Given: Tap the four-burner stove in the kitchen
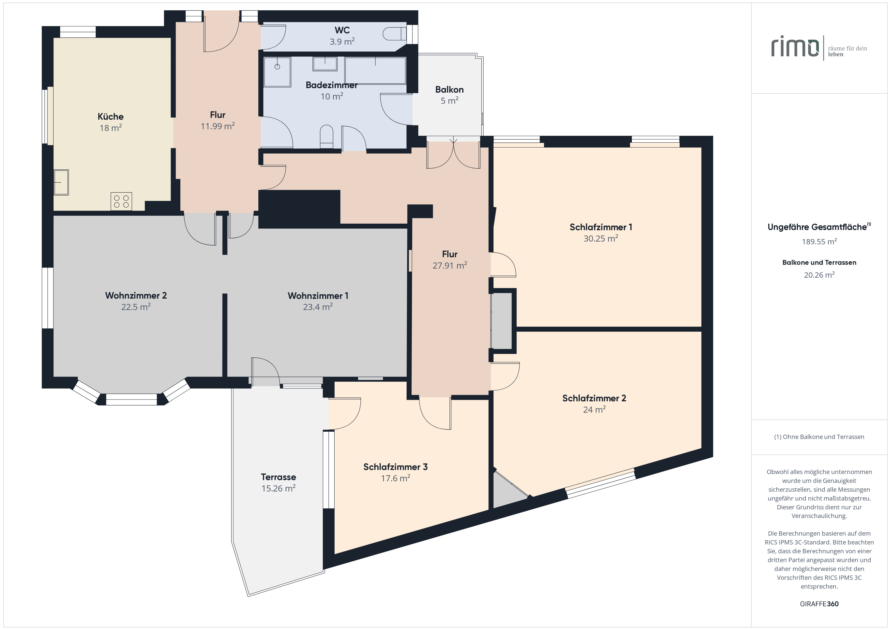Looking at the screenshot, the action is (121, 201).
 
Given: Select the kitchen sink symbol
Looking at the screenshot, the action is (61, 182).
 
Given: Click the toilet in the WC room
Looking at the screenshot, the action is (394, 34).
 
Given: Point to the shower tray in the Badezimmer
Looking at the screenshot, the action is (277, 72).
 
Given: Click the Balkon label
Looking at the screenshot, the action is (449, 90).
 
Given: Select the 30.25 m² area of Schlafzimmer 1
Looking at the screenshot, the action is (601, 239).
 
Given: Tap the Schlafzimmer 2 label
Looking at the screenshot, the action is (594, 398).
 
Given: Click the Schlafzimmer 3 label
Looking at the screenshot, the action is (395, 467).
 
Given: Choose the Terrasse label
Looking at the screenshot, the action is (278, 477).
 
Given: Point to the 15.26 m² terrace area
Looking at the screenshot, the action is (278, 488).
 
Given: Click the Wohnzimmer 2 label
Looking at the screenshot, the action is (136, 296).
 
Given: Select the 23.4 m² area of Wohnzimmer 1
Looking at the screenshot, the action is (318, 307).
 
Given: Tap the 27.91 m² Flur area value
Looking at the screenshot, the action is (450, 265).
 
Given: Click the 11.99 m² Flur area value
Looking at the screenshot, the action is (218, 126).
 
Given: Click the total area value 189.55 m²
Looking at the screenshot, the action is (819, 242).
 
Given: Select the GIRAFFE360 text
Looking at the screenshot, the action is (819, 604).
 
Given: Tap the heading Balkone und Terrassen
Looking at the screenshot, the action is (819, 263).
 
